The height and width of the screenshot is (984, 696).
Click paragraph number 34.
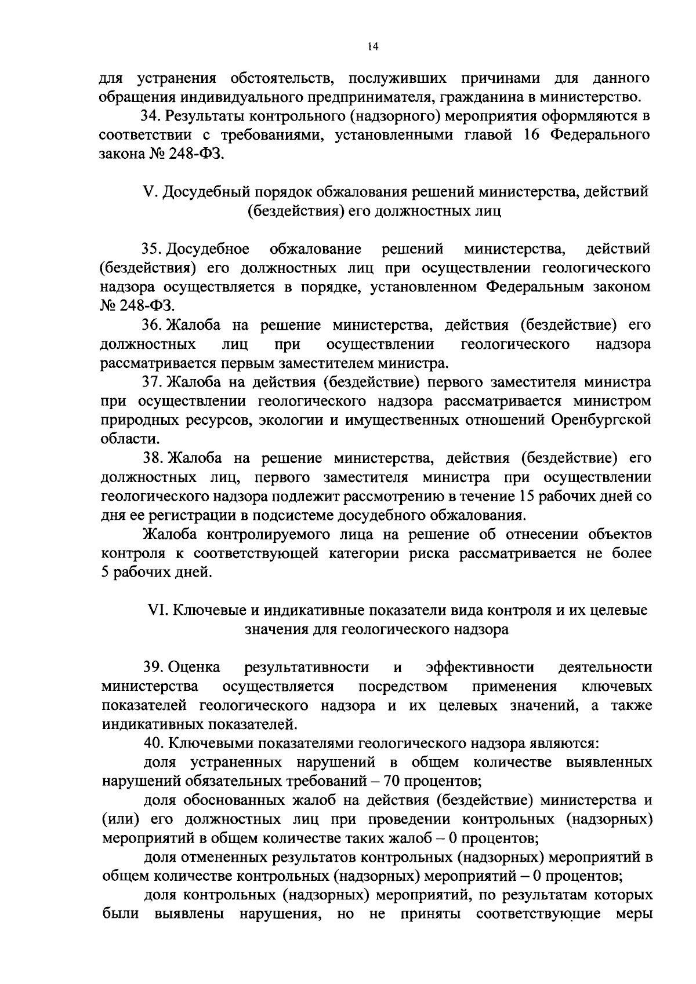[151, 116]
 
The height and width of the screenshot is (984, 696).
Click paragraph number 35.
[152, 249]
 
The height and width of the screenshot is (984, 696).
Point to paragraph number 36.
[152, 325]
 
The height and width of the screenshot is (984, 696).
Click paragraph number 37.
[153, 382]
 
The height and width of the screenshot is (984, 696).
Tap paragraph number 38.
[153, 458]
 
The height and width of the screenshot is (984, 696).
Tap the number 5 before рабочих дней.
[105, 573]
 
